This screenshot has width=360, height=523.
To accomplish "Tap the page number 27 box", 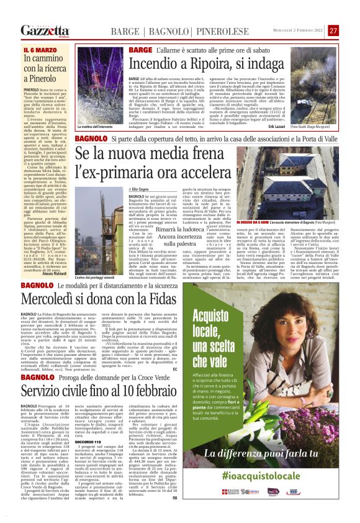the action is pos(333,30).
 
